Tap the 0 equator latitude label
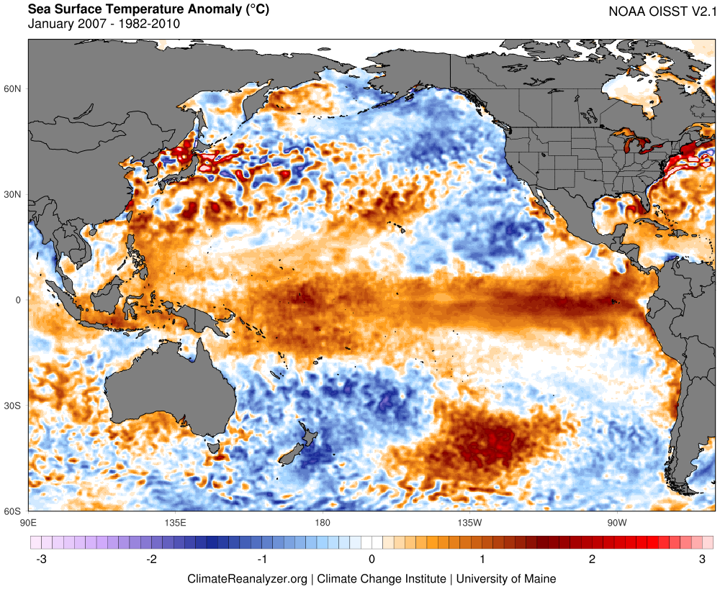pos(19,300)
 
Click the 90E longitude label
pos(29,521)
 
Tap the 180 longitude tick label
pos(322,521)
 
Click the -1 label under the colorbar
pos(261,559)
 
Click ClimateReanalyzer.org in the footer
pos(247,578)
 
